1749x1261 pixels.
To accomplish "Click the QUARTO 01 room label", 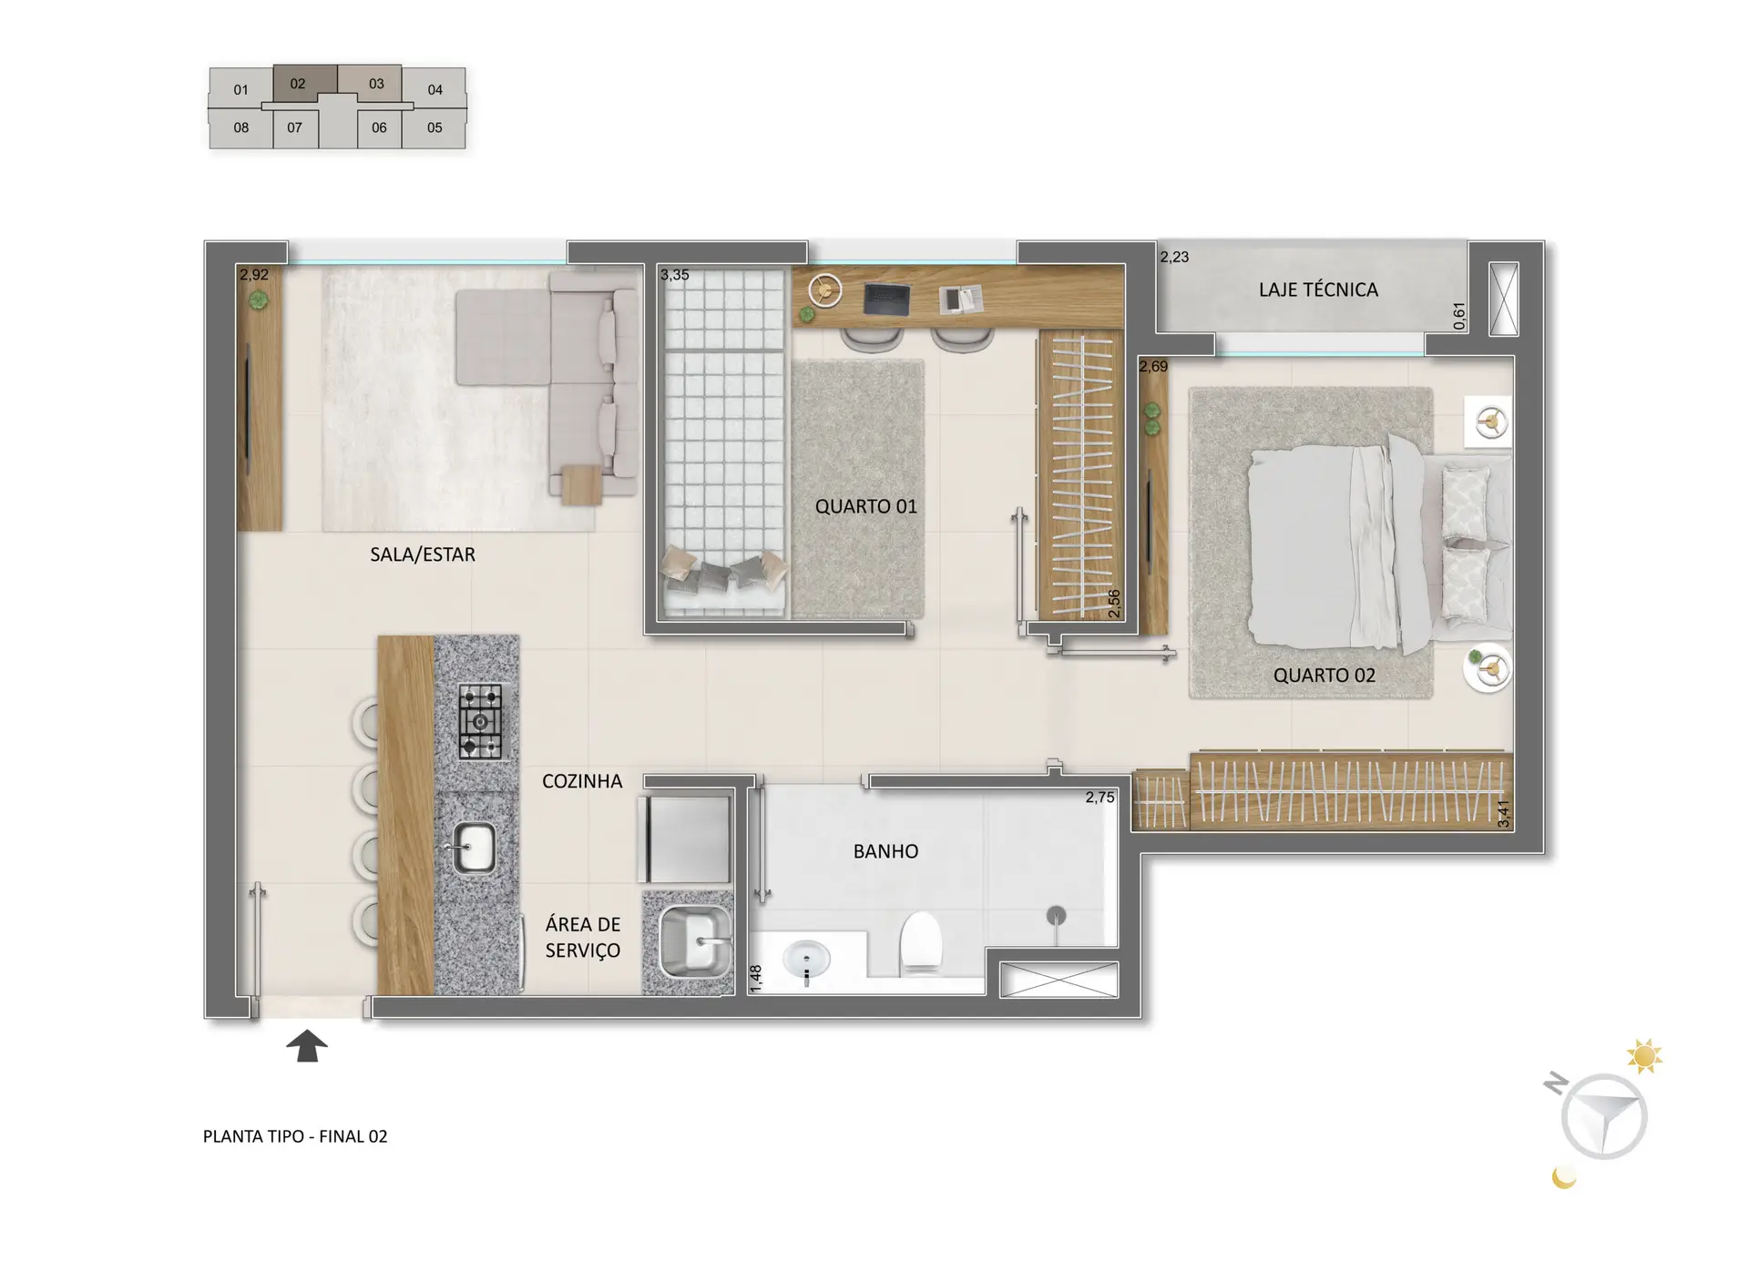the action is coord(865,506).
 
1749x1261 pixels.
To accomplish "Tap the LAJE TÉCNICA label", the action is coord(1318,290).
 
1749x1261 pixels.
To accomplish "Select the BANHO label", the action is coord(885,851).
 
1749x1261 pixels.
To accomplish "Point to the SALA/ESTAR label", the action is coord(423,554).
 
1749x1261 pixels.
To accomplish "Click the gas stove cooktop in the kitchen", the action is coord(480,722).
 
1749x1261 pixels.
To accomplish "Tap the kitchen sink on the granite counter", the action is coord(473,849).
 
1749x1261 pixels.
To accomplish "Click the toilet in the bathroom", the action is coord(920,943).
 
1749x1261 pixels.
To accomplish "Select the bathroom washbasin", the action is coord(806,961).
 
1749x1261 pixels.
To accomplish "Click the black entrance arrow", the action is coord(307,1045).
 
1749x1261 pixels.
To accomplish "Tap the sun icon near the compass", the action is coord(1644,1056).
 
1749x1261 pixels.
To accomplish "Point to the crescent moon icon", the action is coord(1563,1178).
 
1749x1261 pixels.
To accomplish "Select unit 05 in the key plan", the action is coord(435,127).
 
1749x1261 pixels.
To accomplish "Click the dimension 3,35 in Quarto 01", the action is coord(675,275).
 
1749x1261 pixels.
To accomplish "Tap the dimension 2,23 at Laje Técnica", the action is coord(1174,257).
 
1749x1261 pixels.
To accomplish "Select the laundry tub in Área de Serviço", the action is coord(695,941).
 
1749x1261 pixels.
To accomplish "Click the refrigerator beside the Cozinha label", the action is coord(685,839).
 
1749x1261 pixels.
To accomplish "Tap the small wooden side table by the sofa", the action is coord(581,484).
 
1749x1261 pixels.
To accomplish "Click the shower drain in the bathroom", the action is coord(1056,914).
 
